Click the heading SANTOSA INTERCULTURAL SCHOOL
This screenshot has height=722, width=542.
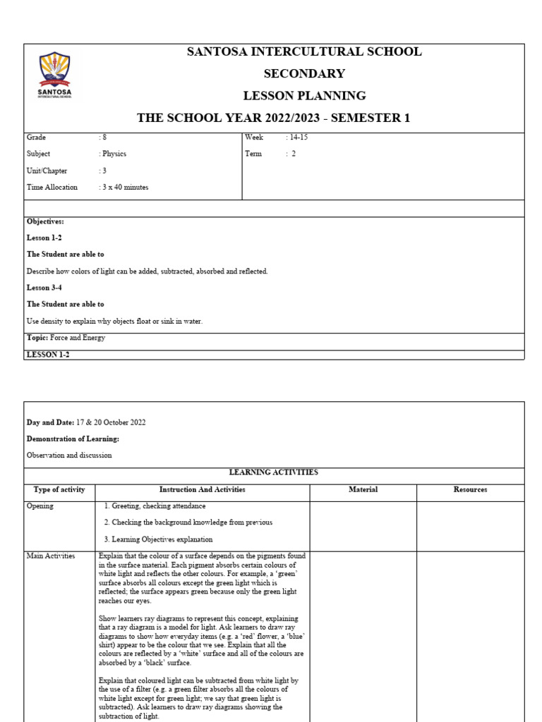point(304,52)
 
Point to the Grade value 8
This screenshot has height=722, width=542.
point(104,137)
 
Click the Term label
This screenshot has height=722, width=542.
point(253,154)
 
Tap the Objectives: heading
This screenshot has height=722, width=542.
point(45,221)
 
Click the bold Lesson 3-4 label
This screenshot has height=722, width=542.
point(44,288)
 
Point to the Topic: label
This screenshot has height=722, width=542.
point(37,338)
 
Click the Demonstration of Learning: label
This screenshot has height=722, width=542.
point(73,439)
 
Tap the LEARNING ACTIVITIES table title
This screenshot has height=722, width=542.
point(274,472)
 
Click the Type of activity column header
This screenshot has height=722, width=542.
point(59,489)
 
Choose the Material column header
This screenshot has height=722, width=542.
point(363,489)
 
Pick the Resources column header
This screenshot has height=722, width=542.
point(470,489)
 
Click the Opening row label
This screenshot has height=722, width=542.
point(40,506)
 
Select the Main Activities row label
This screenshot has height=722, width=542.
point(50,556)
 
